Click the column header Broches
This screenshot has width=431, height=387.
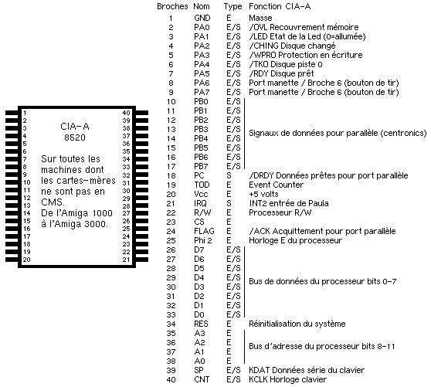point(172,6)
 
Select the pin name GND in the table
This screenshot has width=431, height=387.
point(202,18)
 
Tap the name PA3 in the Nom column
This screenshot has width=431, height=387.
point(202,55)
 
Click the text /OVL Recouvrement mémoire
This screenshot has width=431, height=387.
point(304,27)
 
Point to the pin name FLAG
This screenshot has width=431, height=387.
point(204,231)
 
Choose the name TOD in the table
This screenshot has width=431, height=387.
point(202,185)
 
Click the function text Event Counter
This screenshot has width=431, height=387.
point(276,185)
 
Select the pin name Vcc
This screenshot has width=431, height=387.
point(201,194)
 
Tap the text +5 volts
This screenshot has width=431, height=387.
point(263,194)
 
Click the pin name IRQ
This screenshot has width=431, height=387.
point(200,203)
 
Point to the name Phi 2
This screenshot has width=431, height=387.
point(203,240)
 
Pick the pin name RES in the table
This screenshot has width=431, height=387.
point(201,324)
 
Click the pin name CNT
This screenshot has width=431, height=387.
point(202,379)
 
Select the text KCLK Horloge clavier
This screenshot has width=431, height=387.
point(288,379)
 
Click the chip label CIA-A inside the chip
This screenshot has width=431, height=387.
point(75,127)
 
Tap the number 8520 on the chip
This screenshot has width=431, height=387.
point(75,137)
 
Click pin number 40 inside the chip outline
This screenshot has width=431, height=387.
point(126,113)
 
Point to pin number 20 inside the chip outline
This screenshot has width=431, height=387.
point(27,260)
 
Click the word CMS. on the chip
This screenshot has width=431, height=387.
point(53,202)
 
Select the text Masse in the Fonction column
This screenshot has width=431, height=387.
point(260,18)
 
